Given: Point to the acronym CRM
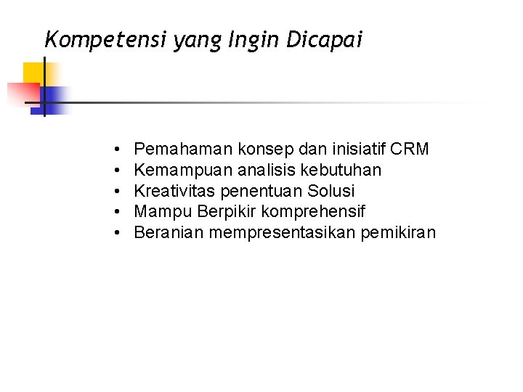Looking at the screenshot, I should [x=410, y=150].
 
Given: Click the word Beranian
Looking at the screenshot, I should [x=170, y=233].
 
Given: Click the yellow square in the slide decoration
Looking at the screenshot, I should [x=33, y=73].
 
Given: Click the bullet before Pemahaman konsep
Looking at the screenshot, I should [x=116, y=150].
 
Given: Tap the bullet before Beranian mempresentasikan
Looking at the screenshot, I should [x=116, y=234].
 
